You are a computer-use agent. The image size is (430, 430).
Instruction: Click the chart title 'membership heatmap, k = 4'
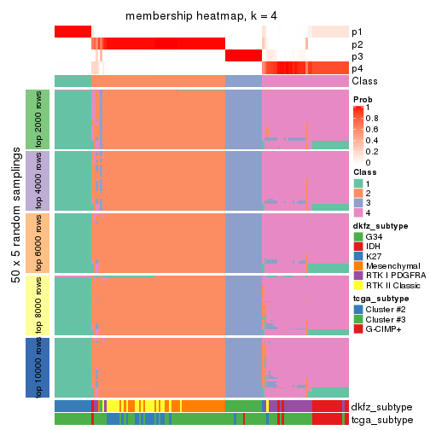tap(201, 16)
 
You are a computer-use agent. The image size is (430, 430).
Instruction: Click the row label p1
tap(357, 32)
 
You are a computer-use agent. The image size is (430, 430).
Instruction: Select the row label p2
tap(357, 44)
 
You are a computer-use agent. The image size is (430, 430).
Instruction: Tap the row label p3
tap(357, 55)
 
